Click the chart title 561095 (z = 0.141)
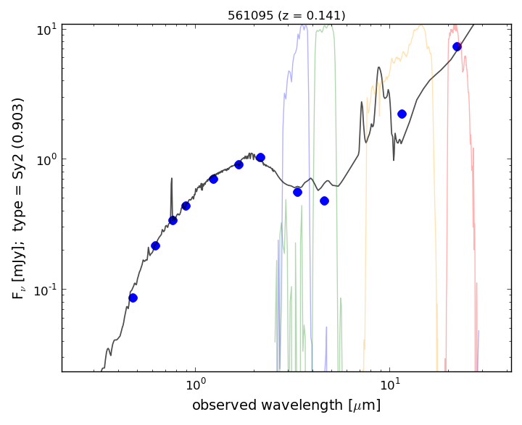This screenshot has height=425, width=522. tap(286, 15)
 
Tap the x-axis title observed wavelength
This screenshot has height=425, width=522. tap(286, 405)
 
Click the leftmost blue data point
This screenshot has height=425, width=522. tap(133, 298)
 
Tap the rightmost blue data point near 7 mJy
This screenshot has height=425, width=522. tap(457, 46)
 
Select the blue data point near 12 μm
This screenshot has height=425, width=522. tap(402, 114)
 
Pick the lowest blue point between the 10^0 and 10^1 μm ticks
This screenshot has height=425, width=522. tap(324, 201)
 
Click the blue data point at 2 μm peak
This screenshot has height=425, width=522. tap(260, 157)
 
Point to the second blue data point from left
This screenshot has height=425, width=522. tap(155, 245)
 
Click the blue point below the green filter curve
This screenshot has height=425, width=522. tap(297, 192)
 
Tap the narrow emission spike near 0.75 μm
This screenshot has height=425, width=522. tap(172, 179)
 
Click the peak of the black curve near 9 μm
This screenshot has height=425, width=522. tap(379, 68)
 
